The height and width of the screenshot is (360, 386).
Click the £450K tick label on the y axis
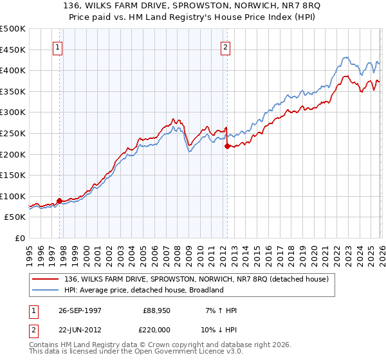(13, 50)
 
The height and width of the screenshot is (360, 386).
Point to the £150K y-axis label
(13, 175)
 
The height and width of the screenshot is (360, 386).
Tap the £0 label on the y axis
(19, 238)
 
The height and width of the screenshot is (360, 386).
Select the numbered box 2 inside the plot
(226, 46)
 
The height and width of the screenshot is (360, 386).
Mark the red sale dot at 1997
(59, 201)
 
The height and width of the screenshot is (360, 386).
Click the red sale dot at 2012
(227, 146)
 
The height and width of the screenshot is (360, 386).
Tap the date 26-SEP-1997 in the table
(82, 310)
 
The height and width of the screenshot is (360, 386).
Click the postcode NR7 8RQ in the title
(282, 6)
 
